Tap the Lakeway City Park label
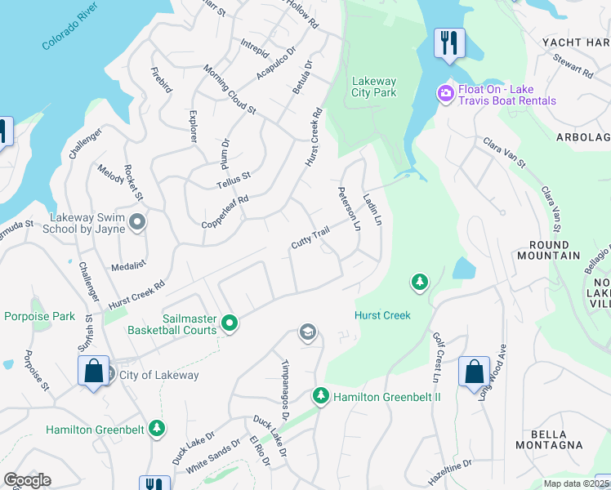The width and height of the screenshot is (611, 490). (373, 87)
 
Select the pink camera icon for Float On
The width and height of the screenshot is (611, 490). (445, 93)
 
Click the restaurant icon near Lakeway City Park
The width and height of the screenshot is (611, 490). (448, 43)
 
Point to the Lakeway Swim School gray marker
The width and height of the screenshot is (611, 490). (137, 222)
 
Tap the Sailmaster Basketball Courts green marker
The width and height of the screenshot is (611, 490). (230, 323)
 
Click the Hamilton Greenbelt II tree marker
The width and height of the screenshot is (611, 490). (320, 397)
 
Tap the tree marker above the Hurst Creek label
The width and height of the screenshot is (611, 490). (419, 283)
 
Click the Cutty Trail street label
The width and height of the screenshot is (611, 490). (310, 238)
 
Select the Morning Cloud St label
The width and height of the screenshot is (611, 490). (230, 90)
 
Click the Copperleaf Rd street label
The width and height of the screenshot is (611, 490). (225, 211)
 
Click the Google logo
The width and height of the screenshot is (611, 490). (27, 480)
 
